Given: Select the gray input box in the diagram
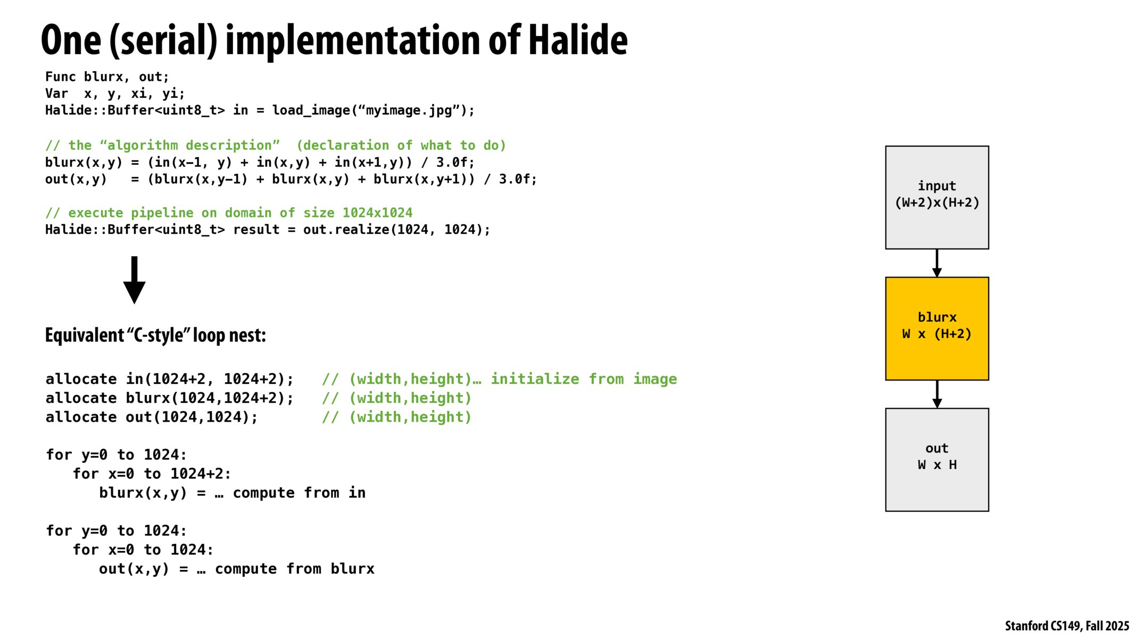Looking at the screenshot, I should (937, 197).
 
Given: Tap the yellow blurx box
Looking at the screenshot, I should (937, 328).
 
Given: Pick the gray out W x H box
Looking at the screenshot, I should (937, 459).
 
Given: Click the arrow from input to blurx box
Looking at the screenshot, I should (937, 263).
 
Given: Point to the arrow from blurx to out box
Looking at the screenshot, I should (937, 394).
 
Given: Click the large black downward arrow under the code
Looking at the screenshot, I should (134, 280).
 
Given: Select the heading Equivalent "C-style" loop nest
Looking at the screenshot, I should (155, 335).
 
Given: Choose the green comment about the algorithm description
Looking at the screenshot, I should (275, 146).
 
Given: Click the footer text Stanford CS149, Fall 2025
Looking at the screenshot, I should (1066, 626).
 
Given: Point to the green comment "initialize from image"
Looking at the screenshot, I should (583, 379).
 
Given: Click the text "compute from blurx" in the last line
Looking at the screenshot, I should (294, 569).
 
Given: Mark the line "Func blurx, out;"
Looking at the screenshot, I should (107, 77).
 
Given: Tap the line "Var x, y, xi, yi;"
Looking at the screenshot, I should (115, 94).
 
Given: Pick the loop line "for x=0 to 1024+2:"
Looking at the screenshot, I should (152, 474).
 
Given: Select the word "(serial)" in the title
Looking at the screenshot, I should (163, 40).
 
